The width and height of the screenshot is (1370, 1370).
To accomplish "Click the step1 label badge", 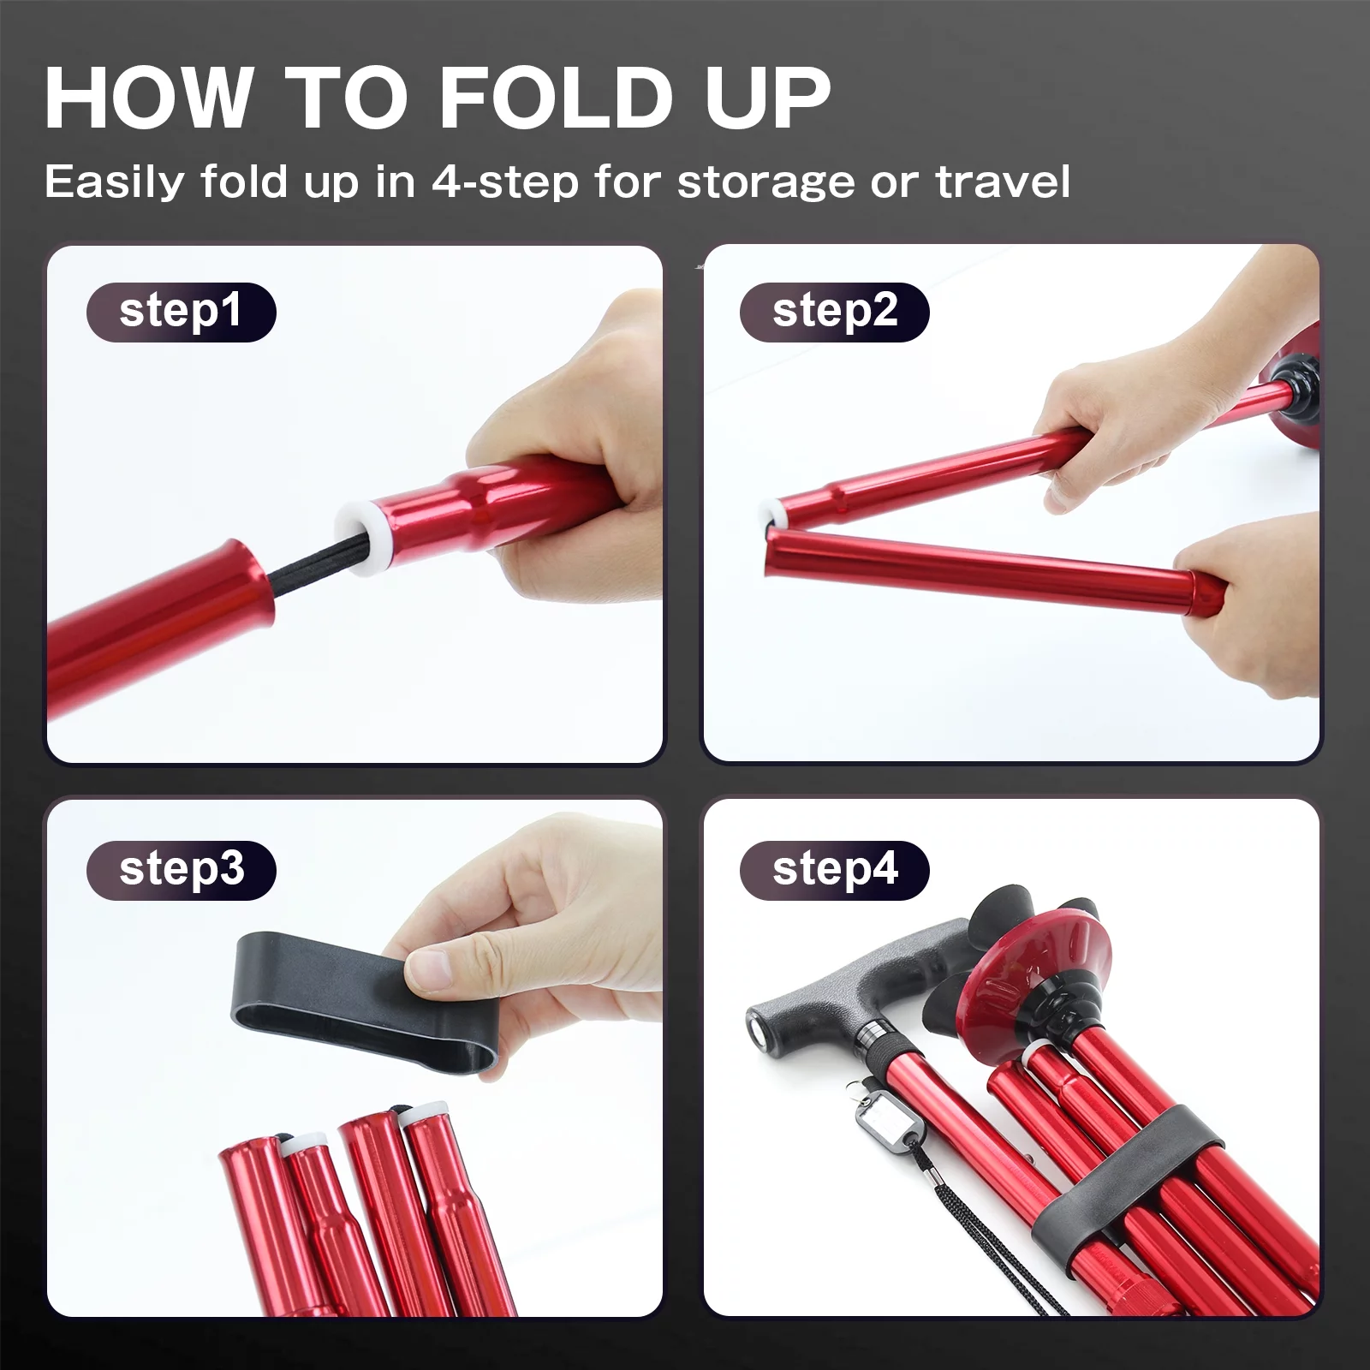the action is point(181,312).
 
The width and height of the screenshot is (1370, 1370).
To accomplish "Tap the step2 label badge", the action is point(834,312).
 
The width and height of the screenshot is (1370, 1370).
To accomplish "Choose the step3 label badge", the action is point(181,870).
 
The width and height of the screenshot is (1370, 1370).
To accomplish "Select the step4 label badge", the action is point(834,870).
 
